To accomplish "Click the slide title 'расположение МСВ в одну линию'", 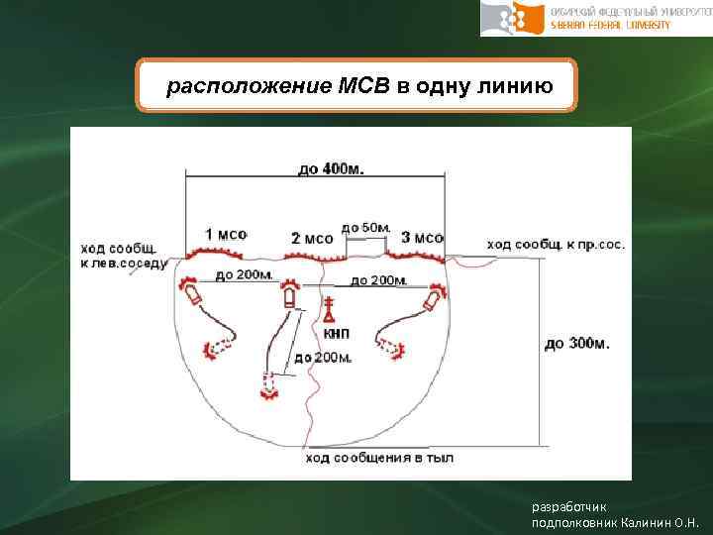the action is (358, 85).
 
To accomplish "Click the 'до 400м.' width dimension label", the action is (330, 168).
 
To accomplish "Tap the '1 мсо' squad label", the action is (226, 234).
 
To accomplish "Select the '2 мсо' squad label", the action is (312, 239).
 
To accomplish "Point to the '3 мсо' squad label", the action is (422, 237).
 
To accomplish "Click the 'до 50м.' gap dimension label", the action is (364, 228).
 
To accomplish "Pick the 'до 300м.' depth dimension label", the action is (577, 344).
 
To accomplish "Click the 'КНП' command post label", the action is (337, 333).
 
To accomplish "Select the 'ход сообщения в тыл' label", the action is (379, 458).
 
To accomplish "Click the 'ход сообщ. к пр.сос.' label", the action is (556, 244).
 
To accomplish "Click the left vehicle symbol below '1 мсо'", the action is (191, 294).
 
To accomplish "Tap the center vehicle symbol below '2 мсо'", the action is (289, 294).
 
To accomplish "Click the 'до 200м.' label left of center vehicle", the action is (244, 274).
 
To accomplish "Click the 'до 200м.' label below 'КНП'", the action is (323, 357).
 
